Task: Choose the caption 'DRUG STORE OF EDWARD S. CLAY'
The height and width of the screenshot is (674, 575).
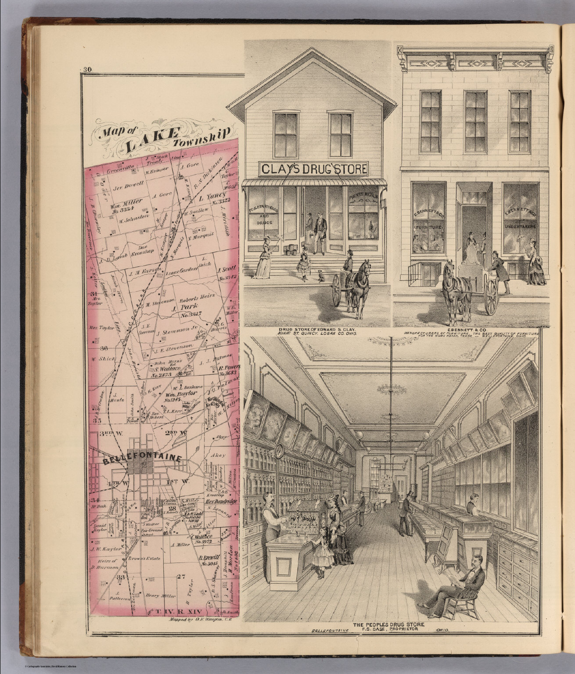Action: coord(317,329)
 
